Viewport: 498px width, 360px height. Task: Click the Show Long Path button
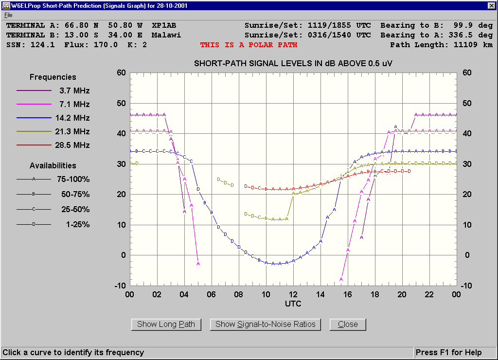(x=166, y=324)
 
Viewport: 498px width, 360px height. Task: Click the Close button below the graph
(x=348, y=324)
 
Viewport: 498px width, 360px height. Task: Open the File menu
(x=8, y=15)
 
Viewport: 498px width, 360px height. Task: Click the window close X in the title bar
(x=492, y=6)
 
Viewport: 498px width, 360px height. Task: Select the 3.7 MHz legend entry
(x=74, y=90)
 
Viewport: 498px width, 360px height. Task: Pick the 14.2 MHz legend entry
(x=74, y=118)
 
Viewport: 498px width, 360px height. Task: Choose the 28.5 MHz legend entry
(x=74, y=145)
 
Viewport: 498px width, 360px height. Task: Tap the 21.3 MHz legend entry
(x=74, y=131)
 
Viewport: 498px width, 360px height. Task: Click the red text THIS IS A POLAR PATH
(x=249, y=45)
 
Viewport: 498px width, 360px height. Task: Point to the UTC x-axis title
(x=293, y=304)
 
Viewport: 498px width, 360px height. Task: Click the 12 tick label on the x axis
(x=293, y=294)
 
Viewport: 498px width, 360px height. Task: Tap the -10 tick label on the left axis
(x=120, y=286)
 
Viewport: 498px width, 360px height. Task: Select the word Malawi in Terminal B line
(x=166, y=35)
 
